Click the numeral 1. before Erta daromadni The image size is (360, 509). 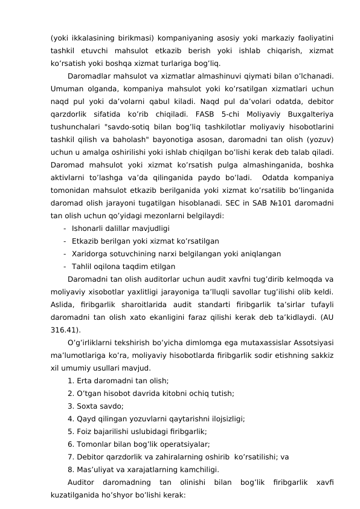pos(71,380)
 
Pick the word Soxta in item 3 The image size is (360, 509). pos(88,406)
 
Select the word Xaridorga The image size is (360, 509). pos(91,253)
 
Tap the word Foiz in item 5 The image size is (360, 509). pos(85,431)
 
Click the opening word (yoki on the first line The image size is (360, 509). pos(60,37)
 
